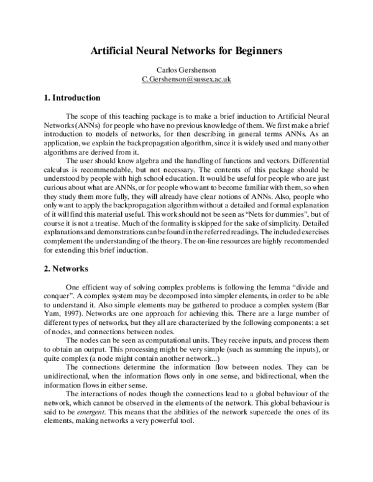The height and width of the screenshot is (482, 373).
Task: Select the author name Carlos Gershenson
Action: click(186, 70)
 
